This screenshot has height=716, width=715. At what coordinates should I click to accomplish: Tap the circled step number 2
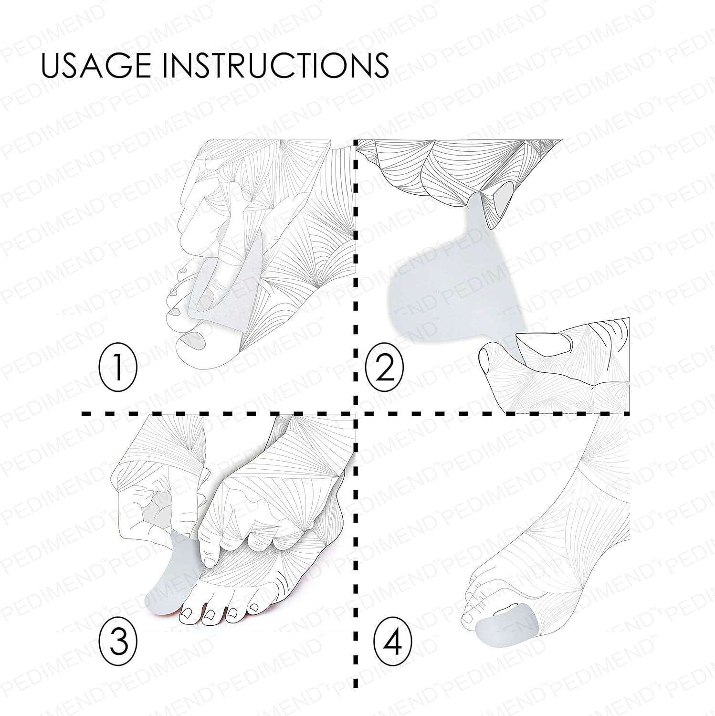(384, 369)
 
